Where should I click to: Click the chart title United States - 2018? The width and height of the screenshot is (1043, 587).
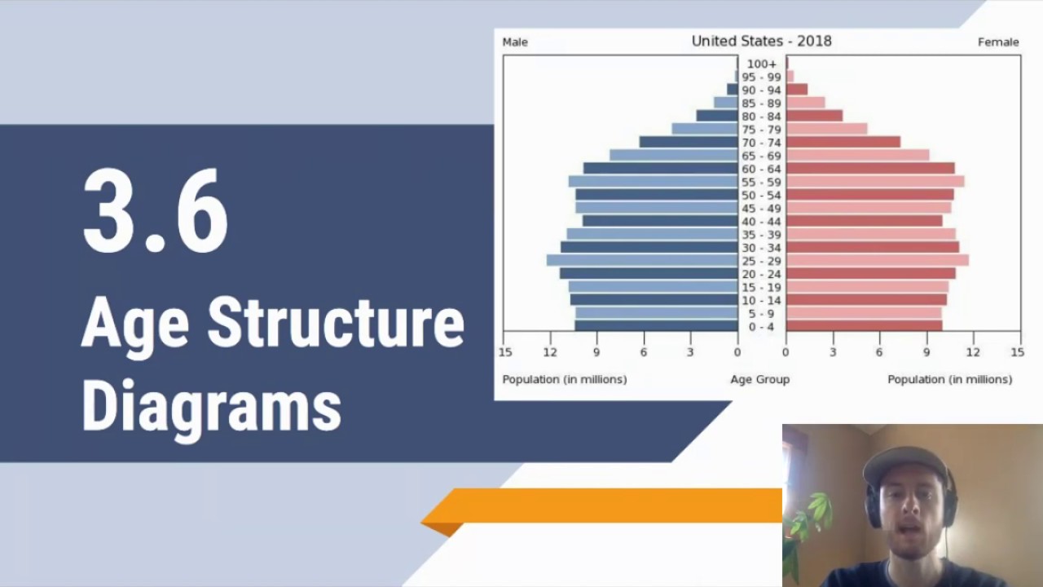click(x=761, y=41)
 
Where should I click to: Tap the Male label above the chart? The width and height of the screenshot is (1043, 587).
click(x=515, y=42)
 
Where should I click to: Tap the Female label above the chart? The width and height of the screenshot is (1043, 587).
click(x=998, y=42)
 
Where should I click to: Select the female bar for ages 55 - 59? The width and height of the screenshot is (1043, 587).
click(x=875, y=181)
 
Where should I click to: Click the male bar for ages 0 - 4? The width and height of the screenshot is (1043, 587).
click(x=656, y=326)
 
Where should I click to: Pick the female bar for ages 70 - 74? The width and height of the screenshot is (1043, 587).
click(x=843, y=142)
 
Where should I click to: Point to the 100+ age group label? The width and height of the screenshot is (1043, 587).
click(x=762, y=64)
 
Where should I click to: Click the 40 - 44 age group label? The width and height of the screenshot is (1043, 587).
click(x=762, y=221)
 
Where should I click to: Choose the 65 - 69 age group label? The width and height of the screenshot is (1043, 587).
click(x=762, y=156)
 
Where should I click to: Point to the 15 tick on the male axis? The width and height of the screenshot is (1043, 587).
click(x=505, y=352)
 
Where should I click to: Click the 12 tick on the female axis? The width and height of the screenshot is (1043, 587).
click(x=973, y=352)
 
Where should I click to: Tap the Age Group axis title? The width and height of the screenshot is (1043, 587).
click(x=759, y=379)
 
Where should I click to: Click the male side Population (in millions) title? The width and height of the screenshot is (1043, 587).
click(x=565, y=379)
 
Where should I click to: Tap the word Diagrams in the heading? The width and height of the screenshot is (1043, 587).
click(x=211, y=405)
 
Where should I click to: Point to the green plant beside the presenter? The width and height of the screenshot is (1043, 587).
click(x=807, y=522)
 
